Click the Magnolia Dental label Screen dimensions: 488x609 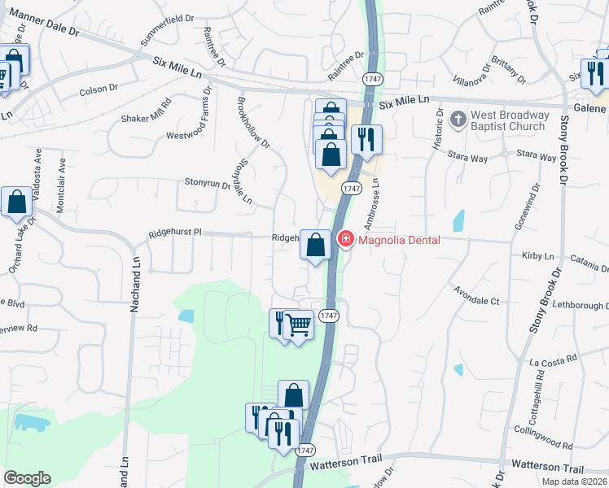(399, 239)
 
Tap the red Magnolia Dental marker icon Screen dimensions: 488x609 (346, 239)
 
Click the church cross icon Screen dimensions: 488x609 (458, 120)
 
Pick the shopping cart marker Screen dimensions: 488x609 (299, 325)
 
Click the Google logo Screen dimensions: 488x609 (27, 478)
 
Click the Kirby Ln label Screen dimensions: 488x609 (537, 255)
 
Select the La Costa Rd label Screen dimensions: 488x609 (553, 359)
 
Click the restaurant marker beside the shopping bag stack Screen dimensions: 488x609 (366, 140)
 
